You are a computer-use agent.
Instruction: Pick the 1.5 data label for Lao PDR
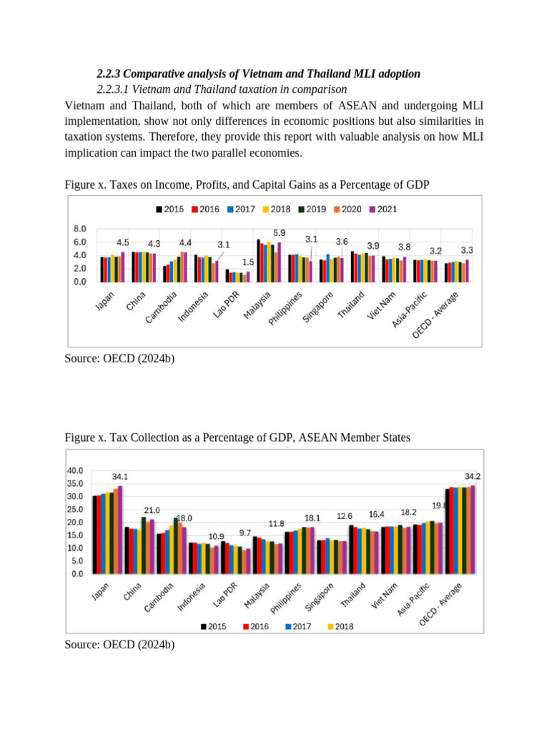(247, 262)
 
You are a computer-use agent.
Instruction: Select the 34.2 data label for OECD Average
(473, 476)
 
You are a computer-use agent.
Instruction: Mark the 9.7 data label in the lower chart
(244, 533)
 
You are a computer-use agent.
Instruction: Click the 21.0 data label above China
(152, 510)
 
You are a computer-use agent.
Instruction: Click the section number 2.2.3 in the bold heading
(112, 74)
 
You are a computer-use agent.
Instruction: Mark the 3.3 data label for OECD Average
(467, 250)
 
